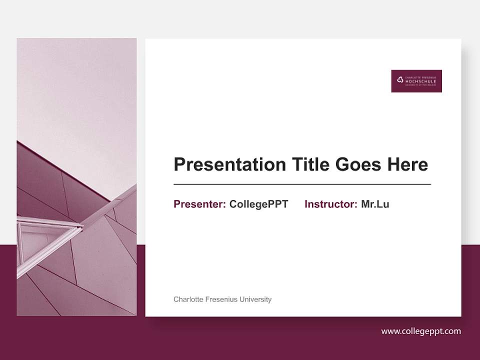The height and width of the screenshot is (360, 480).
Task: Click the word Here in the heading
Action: (x=406, y=164)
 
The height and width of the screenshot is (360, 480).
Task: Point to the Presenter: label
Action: (x=199, y=204)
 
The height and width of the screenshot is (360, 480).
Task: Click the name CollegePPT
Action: (x=259, y=204)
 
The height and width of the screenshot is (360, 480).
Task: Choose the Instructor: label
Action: (x=330, y=204)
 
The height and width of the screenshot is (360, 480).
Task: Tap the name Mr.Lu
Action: (x=375, y=204)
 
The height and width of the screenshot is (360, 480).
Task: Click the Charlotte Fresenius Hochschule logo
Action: (x=416, y=81)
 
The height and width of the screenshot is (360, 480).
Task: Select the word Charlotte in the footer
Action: (x=188, y=299)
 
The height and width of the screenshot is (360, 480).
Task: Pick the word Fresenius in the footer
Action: (x=221, y=299)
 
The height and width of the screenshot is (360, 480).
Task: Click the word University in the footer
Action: (x=255, y=299)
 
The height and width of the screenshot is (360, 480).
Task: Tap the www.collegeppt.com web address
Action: (x=421, y=331)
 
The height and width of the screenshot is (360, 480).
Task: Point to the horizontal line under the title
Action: (x=302, y=184)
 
